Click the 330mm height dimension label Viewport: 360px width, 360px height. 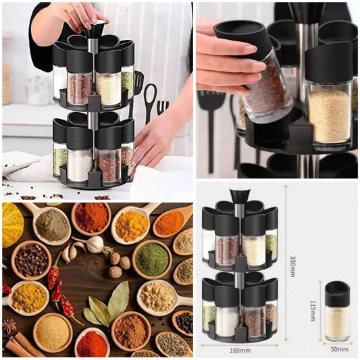pyautogui.click(x=292, y=266)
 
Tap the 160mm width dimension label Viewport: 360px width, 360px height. pyautogui.click(x=240, y=351)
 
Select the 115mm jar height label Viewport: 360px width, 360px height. pyautogui.click(x=313, y=311)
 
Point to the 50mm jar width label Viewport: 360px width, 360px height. pyautogui.click(x=339, y=349)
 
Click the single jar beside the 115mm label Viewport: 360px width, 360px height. pyautogui.click(x=338, y=311)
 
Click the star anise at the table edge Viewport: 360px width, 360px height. pyautogui.click(x=9, y=326)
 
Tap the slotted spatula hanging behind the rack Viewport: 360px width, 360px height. pyautogui.click(x=137, y=82)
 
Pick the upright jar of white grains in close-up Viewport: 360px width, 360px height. pyautogui.click(x=329, y=97)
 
